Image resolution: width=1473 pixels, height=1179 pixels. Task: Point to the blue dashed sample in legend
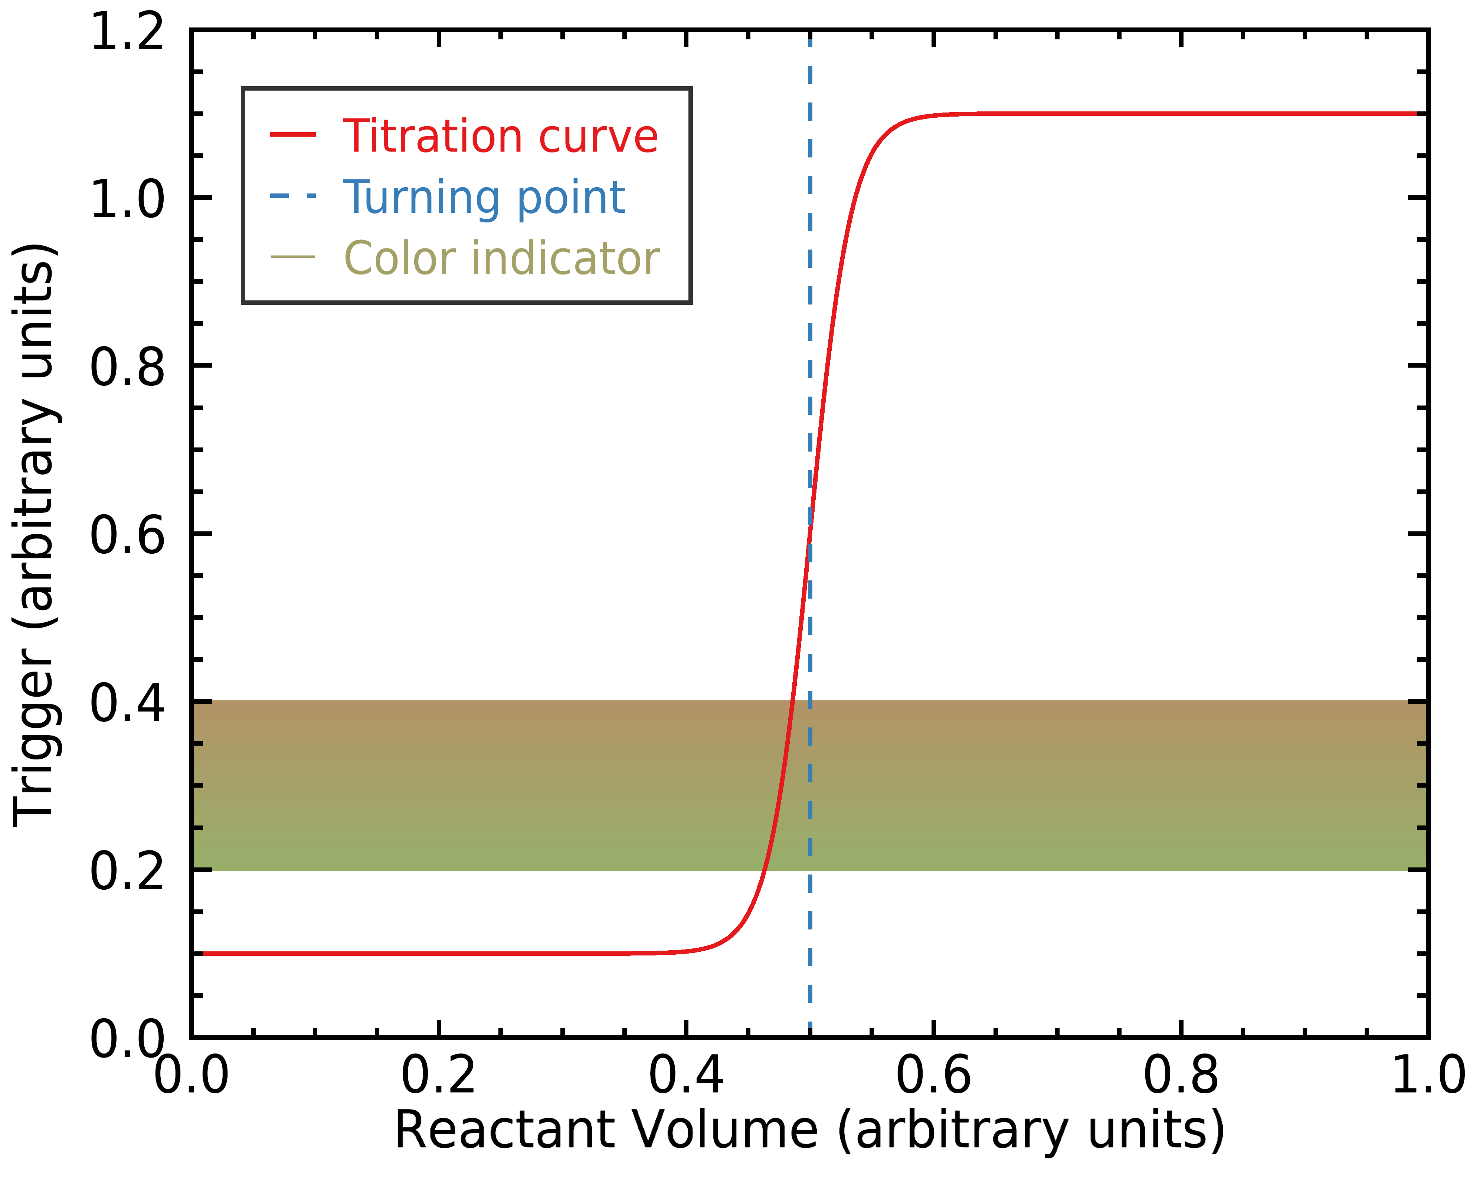pyautogui.click(x=293, y=196)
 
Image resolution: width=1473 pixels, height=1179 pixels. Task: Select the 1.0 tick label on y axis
pyautogui.click(x=127, y=199)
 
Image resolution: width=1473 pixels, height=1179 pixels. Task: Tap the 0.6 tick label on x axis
pyautogui.click(x=933, y=1075)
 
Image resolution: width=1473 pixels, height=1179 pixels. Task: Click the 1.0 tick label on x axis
pyautogui.click(x=1427, y=1075)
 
